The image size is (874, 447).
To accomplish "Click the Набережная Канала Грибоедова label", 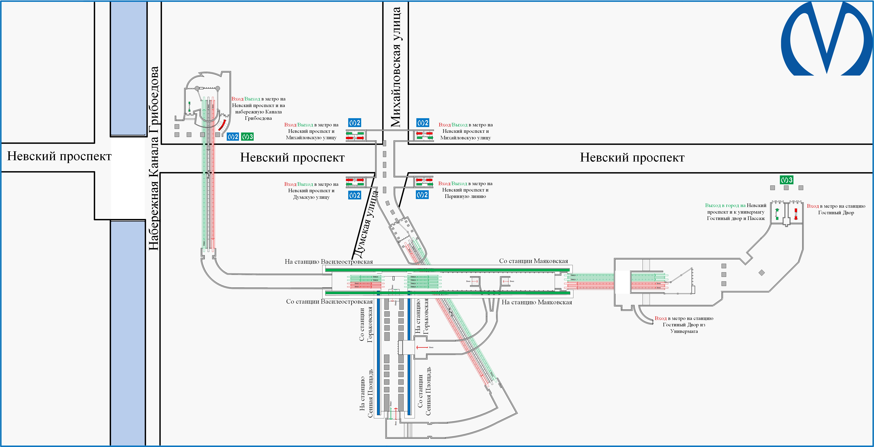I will [x=154, y=158].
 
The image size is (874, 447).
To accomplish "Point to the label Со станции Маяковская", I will [x=533, y=261].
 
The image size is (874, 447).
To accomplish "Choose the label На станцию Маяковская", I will [x=537, y=302].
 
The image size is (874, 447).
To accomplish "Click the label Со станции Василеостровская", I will [x=329, y=302].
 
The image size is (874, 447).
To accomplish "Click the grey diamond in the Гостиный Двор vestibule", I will [x=762, y=272].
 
